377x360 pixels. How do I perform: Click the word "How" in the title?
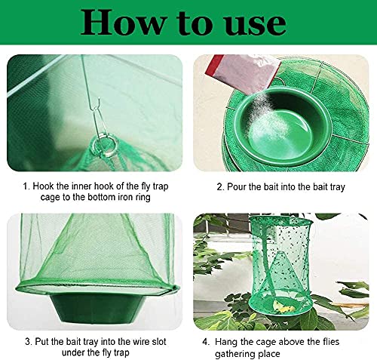123,22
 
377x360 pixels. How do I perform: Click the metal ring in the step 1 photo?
103,146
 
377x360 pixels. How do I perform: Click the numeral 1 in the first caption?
25,186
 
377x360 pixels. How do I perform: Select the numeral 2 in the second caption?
219,187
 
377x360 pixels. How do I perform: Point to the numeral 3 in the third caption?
28,342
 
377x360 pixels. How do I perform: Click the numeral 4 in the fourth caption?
205,342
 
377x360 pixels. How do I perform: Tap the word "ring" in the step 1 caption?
143,198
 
